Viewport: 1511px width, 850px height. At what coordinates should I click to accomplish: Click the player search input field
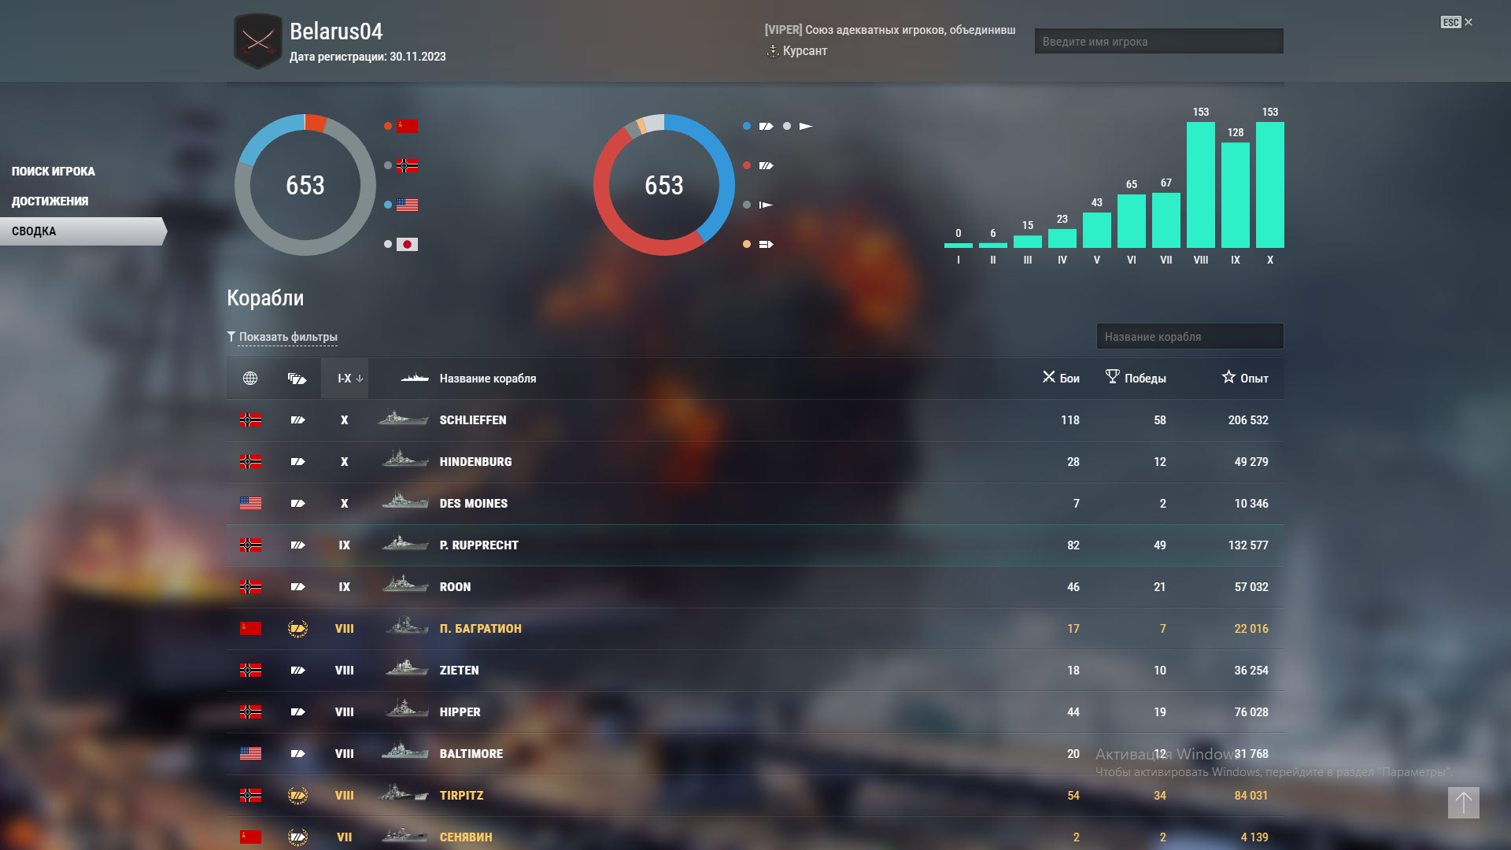[x=1158, y=42]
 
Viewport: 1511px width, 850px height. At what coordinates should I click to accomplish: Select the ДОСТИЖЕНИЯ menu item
[x=50, y=201]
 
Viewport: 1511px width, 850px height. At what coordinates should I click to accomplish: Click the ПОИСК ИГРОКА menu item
[x=53, y=172]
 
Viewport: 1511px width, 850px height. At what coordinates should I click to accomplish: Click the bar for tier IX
[x=1235, y=195]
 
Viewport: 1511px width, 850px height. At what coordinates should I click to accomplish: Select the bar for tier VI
[x=1131, y=221]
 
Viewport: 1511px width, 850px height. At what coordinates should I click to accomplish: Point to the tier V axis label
[x=1096, y=261]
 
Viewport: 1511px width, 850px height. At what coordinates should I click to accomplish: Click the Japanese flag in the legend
[x=407, y=245]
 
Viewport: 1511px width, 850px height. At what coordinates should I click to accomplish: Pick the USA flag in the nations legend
[x=407, y=205]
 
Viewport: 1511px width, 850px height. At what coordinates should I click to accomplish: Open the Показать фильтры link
[x=288, y=337]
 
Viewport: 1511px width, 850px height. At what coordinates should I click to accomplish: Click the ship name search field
[x=1189, y=337]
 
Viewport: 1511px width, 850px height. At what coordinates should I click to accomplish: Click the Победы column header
[x=1136, y=379]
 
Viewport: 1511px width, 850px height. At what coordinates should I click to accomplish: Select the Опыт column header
[x=1245, y=379]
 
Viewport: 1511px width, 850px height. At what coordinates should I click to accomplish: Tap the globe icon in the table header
[x=250, y=379]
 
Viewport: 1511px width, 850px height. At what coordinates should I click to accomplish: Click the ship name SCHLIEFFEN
[x=473, y=420]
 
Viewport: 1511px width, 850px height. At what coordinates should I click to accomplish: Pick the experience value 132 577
[x=1248, y=545]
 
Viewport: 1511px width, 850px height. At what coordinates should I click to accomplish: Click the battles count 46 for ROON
[x=1073, y=587]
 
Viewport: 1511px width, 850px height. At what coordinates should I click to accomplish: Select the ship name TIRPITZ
[x=461, y=796]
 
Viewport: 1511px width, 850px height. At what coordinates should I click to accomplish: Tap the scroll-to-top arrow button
[x=1463, y=803]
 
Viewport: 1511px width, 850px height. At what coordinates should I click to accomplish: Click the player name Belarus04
[x=336, y=31]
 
